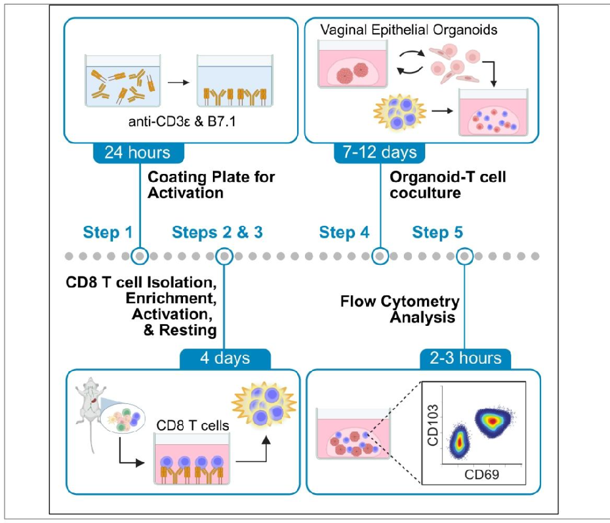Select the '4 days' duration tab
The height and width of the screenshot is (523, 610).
click(x=224, y=357)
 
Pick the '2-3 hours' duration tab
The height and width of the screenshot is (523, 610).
click(x=464, y=357)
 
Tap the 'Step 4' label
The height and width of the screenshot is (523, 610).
click(x=344, y=233)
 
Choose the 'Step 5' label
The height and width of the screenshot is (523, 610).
click(x=437, y=233)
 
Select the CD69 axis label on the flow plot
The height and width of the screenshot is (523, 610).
click(x=481, y=475)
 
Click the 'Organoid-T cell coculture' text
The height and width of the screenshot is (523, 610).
click(x=448, y=184)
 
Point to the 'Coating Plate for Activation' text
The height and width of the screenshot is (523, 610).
click(x=211, y=184)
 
